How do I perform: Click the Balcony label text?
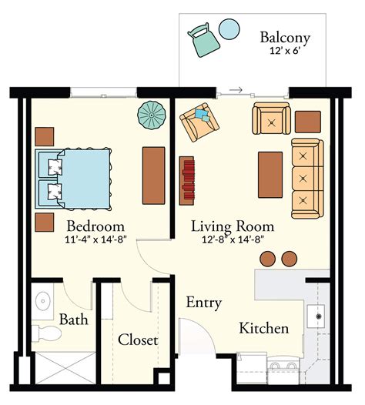pos(285,37)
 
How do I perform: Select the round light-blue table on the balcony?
pos(229,30)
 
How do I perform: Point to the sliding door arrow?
pos(236,90)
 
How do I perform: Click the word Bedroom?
pos(95,226)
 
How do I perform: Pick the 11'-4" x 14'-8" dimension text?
pos(95,239)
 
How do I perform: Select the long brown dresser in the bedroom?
pos(154,174)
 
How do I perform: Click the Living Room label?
pos(233,226)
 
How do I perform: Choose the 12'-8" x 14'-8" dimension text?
pos(233,239)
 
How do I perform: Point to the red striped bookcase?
pos(186,181)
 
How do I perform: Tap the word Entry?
pos(204,303)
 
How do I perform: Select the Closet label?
pos(138,340)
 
